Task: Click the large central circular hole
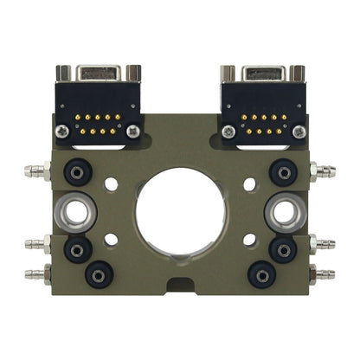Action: pyautogui.click(x=180, y=212)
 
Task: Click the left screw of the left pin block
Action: pyautogui.click(x=61, y=132)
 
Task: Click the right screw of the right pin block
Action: pyautogui.click(x=299, y=132)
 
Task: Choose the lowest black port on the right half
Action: pyautogui.click(x=261, y=274)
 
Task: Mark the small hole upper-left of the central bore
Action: pyautogui.click(x=111, y=184)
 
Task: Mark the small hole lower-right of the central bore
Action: pyautogui.click(x=249, y=238)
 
